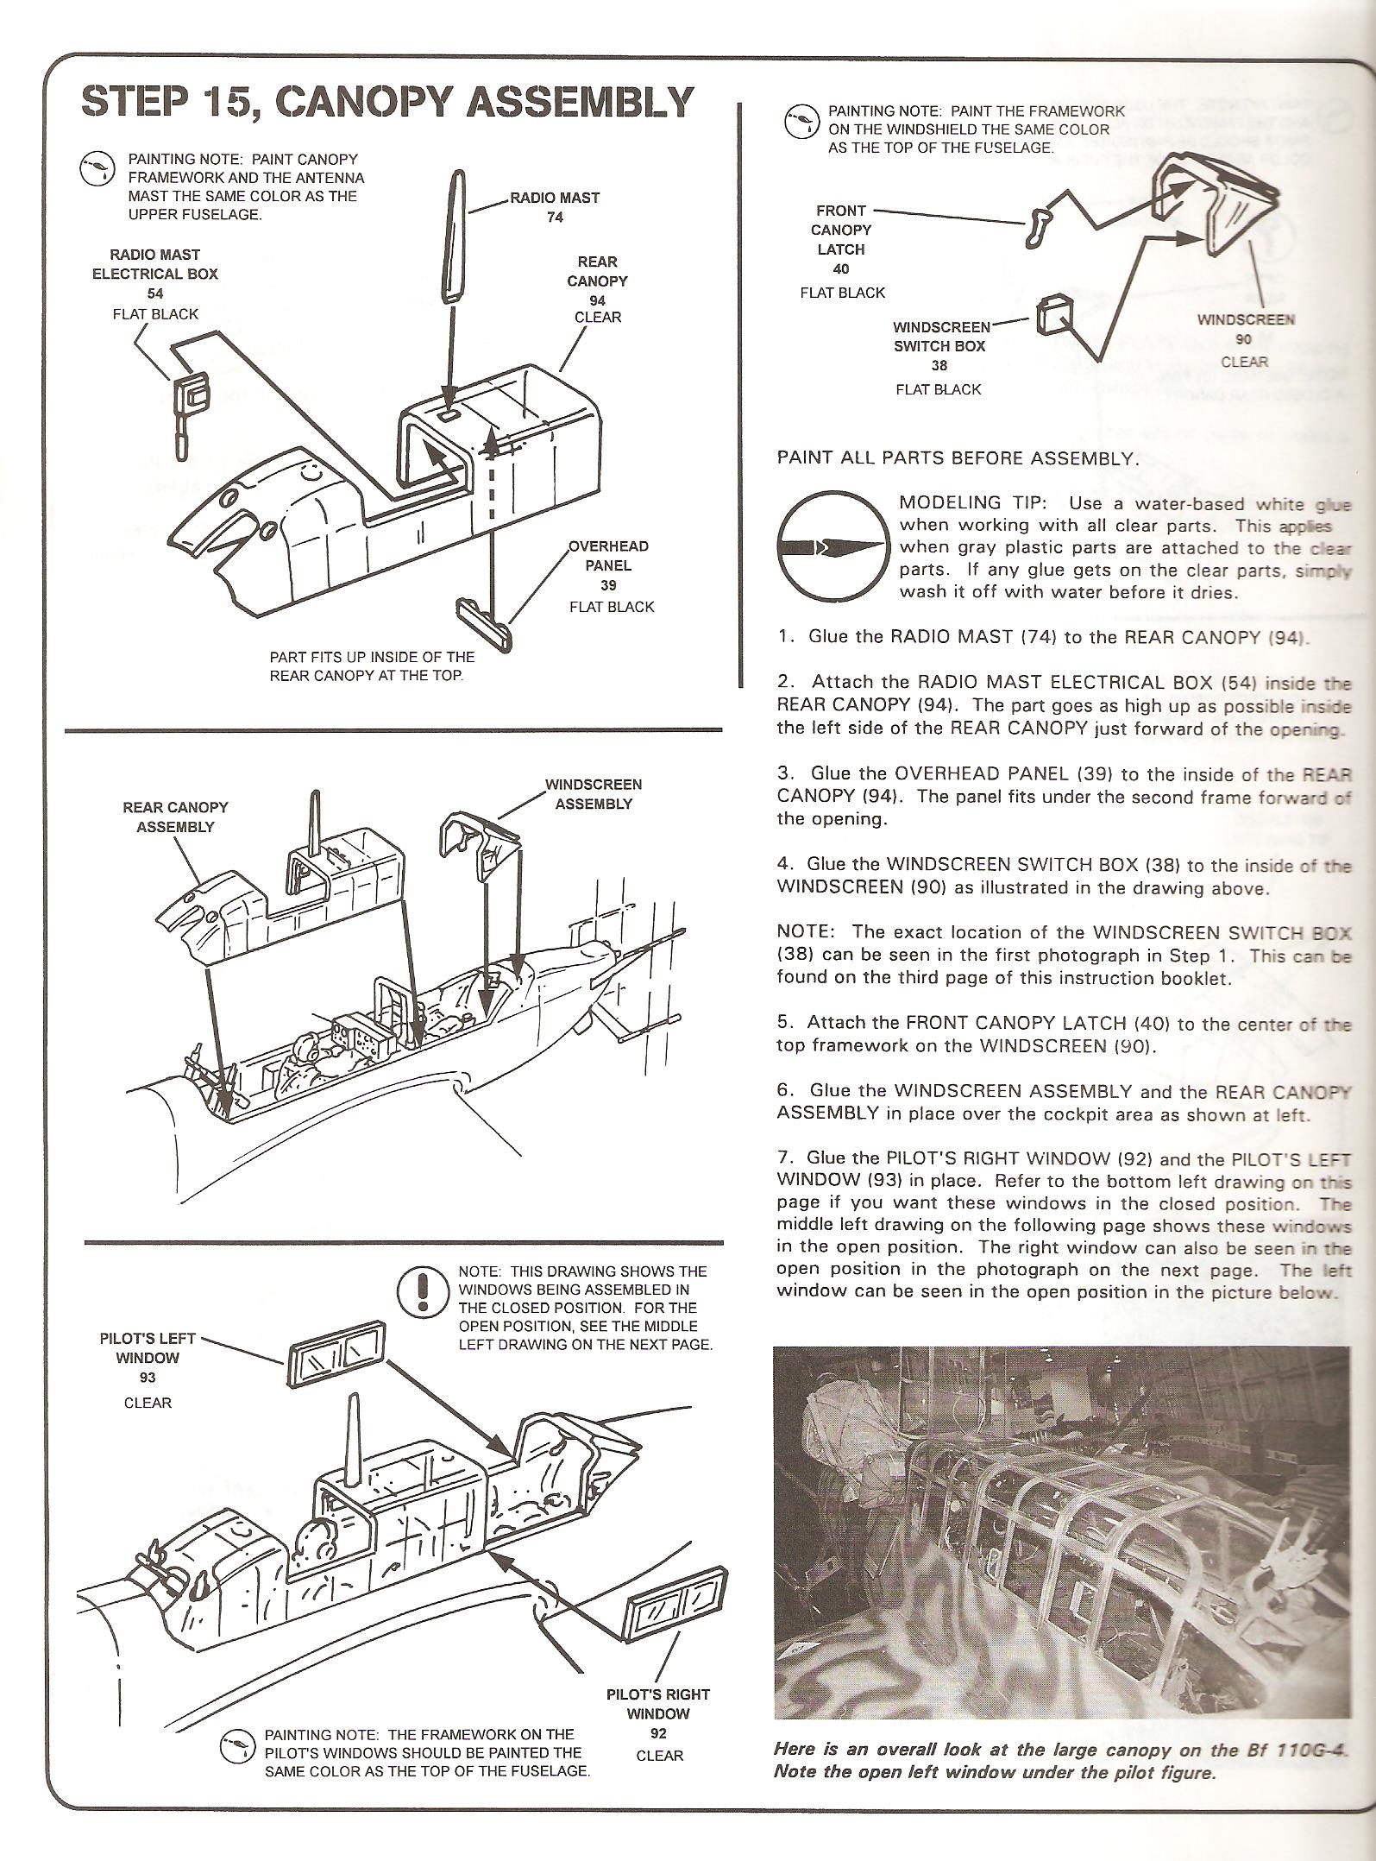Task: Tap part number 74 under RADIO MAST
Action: click(555, 218)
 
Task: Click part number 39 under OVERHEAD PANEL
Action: click(608, 585)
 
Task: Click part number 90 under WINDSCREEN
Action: click(1243, 340)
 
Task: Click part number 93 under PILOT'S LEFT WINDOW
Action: click(148, 1378)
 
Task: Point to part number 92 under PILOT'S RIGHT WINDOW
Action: click(659, 1732)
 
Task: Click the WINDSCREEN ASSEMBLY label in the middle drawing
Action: click(594, 794)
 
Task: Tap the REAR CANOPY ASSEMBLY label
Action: click(175, 817)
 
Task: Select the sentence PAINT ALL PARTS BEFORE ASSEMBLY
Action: click(958, 458)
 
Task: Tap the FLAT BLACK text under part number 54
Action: click(155, 314)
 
